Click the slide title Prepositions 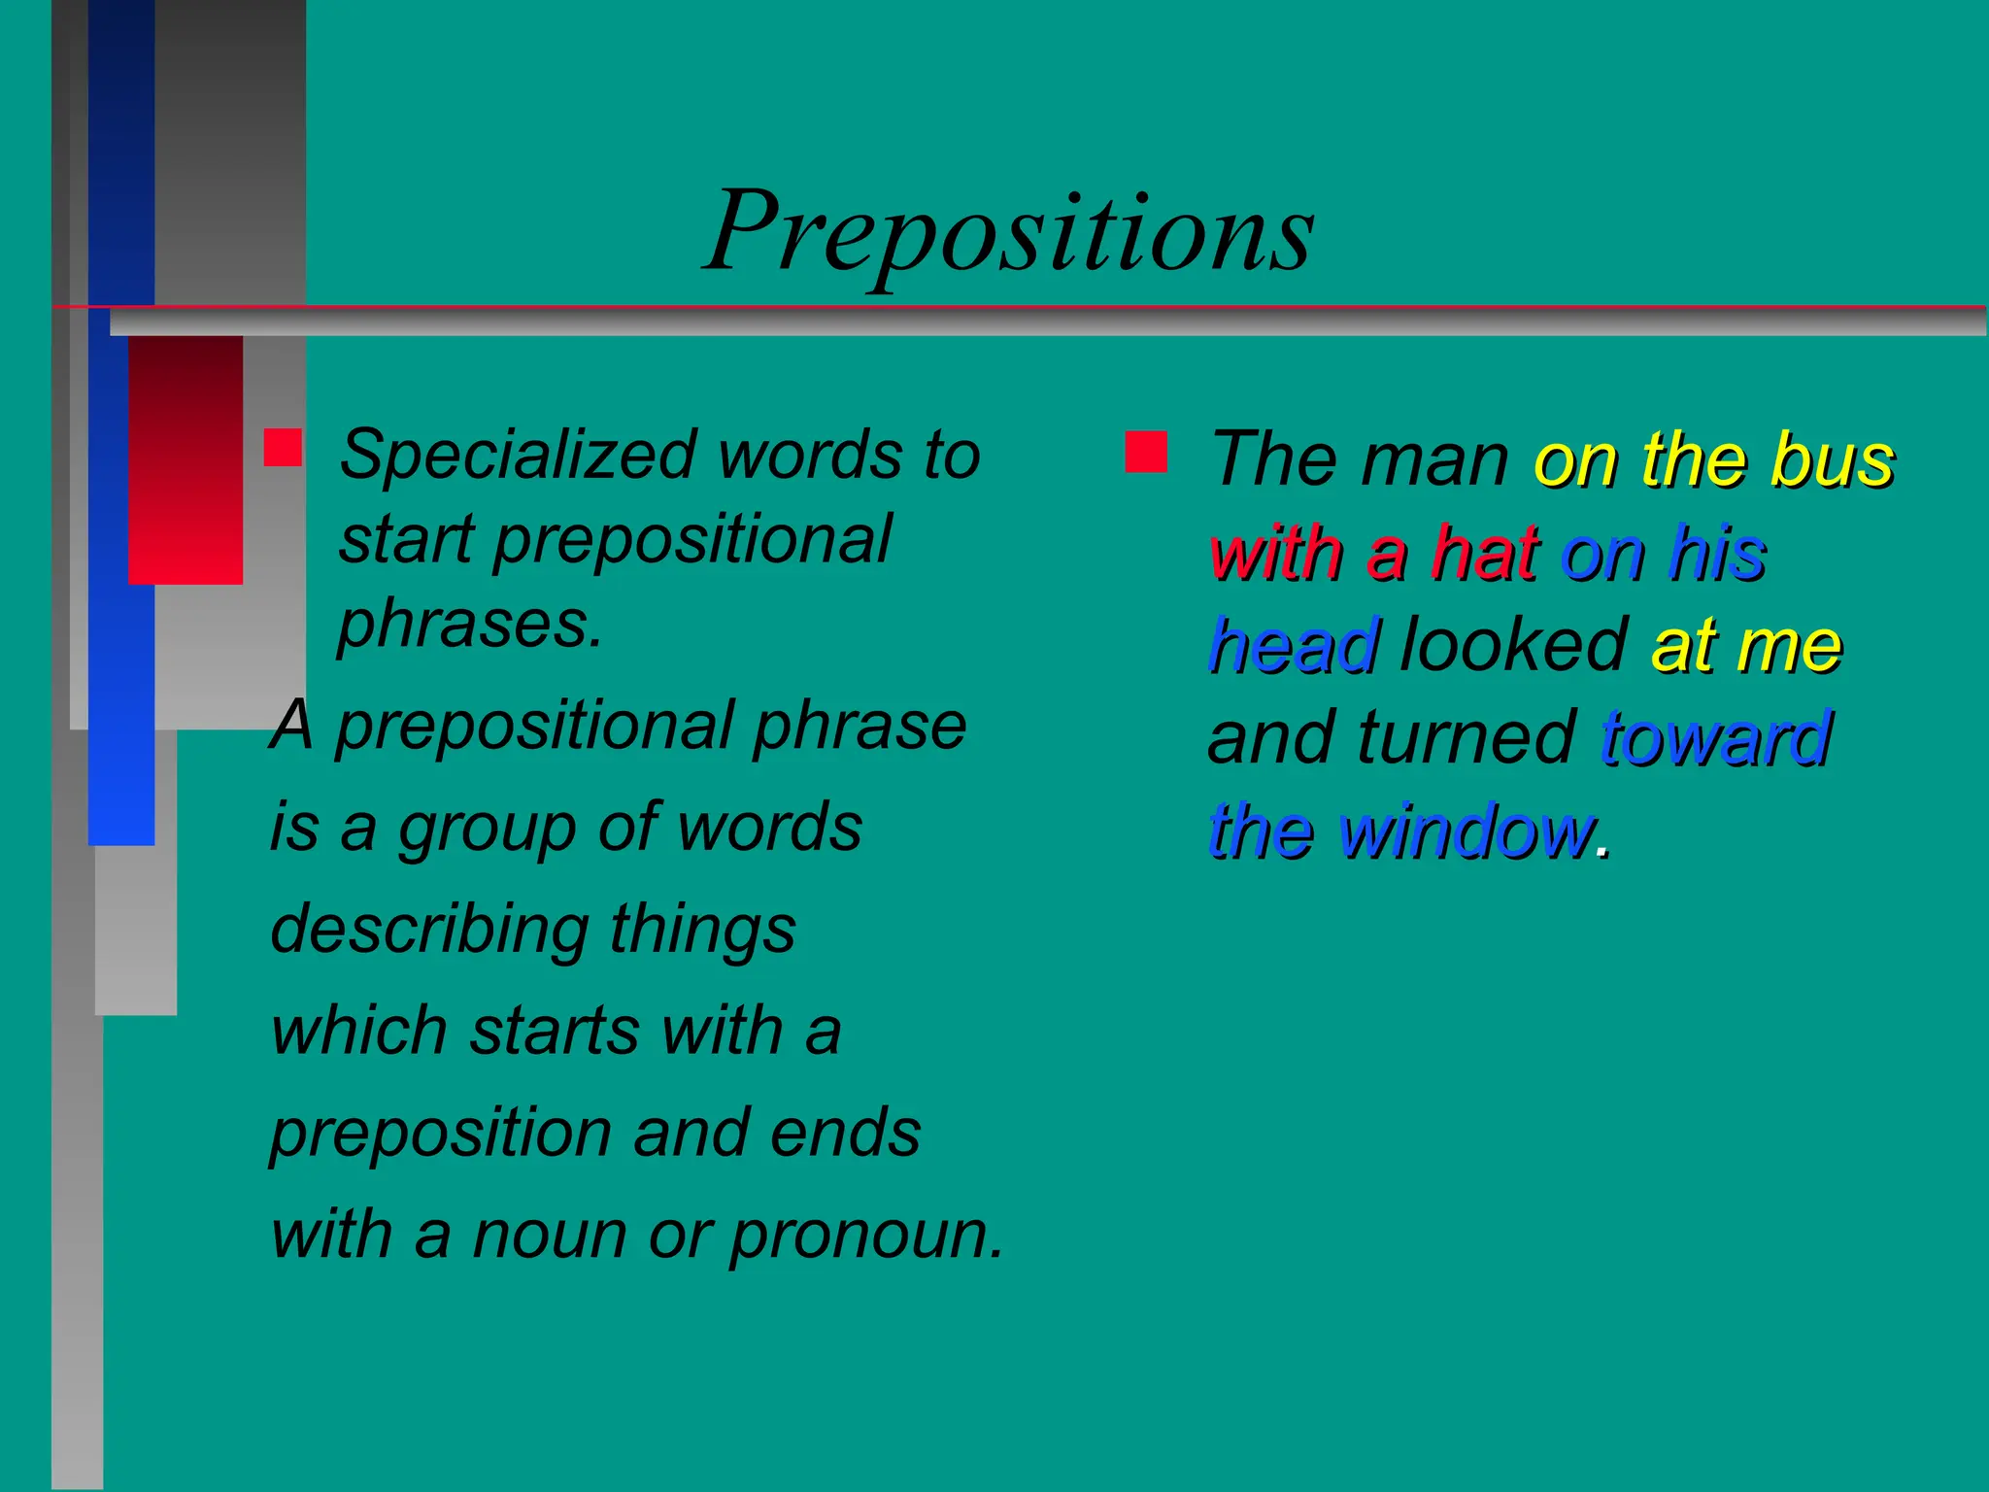pyautogui.click(x=1010, y=233)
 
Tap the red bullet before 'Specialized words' pyautogui.click(x=283, y=448)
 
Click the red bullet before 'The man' pyautogui.click(x=1146, y=452)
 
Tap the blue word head pyautogui.click(x=1294, y=646)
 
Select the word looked pyautogui.click(x=1513, y=644)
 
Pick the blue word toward pyautogui.click(x=1716, y=738)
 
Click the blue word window pyautogui.click(x=1466, y=831)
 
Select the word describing pyautogui.click(x=429, y=931)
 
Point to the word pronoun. pyautogui.click(x=866, y=1236)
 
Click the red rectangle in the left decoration pyautogui.click(x=185, y=459)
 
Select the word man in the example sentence pyautogui.click(x=1434, y=459)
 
